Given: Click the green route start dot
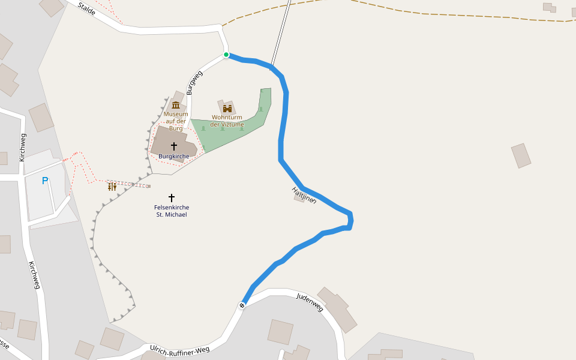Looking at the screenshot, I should click(226, 55).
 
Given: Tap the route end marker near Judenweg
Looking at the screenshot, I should click(242, 305).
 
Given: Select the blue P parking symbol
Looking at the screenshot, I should click(44, 181).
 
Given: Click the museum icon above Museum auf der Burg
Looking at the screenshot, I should click(176, 105).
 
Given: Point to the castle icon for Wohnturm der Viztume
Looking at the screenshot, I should click(227, 109).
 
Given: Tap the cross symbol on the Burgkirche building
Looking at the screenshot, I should click(174, 146).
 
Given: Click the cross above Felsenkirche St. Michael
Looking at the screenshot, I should click(172, 197).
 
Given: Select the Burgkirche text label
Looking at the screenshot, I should click(174, 157).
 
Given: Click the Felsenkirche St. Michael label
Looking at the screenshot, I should click(172, 211).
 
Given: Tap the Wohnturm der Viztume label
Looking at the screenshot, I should click(227, 121).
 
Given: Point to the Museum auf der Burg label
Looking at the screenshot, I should click(176, 121).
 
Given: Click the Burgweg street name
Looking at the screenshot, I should click(194, 83).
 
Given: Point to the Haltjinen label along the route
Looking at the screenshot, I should click(304, 194).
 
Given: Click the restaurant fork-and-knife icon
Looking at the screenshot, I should click(112, 187).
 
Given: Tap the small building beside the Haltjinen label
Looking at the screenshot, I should click(299, 198).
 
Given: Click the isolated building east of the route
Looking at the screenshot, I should click(521, 155).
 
